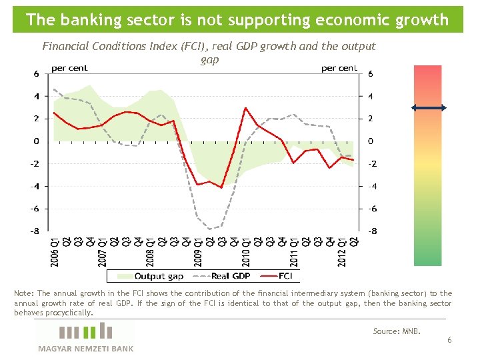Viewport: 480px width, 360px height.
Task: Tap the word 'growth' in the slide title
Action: tap(423, 19)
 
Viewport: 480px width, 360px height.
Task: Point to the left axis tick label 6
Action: tap(36, 73)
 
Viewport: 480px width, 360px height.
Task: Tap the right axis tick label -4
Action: tap(374, 186)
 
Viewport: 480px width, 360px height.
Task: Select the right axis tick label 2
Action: tap(371, 119)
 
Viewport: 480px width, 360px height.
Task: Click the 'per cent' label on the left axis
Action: tap(70, 68)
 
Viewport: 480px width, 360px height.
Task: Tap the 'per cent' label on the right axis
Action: tap(339, 68)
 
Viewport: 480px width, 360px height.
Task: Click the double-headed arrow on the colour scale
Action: tap(428, 108)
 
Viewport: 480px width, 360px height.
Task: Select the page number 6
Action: tap(449, 340)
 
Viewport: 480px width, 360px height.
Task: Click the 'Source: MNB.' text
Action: tap(397, 331)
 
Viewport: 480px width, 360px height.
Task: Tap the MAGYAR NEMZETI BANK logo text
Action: tap(85, 348)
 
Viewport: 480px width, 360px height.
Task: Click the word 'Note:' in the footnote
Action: tap(24, 293)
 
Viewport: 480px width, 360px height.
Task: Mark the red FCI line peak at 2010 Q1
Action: tap(246, 108)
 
